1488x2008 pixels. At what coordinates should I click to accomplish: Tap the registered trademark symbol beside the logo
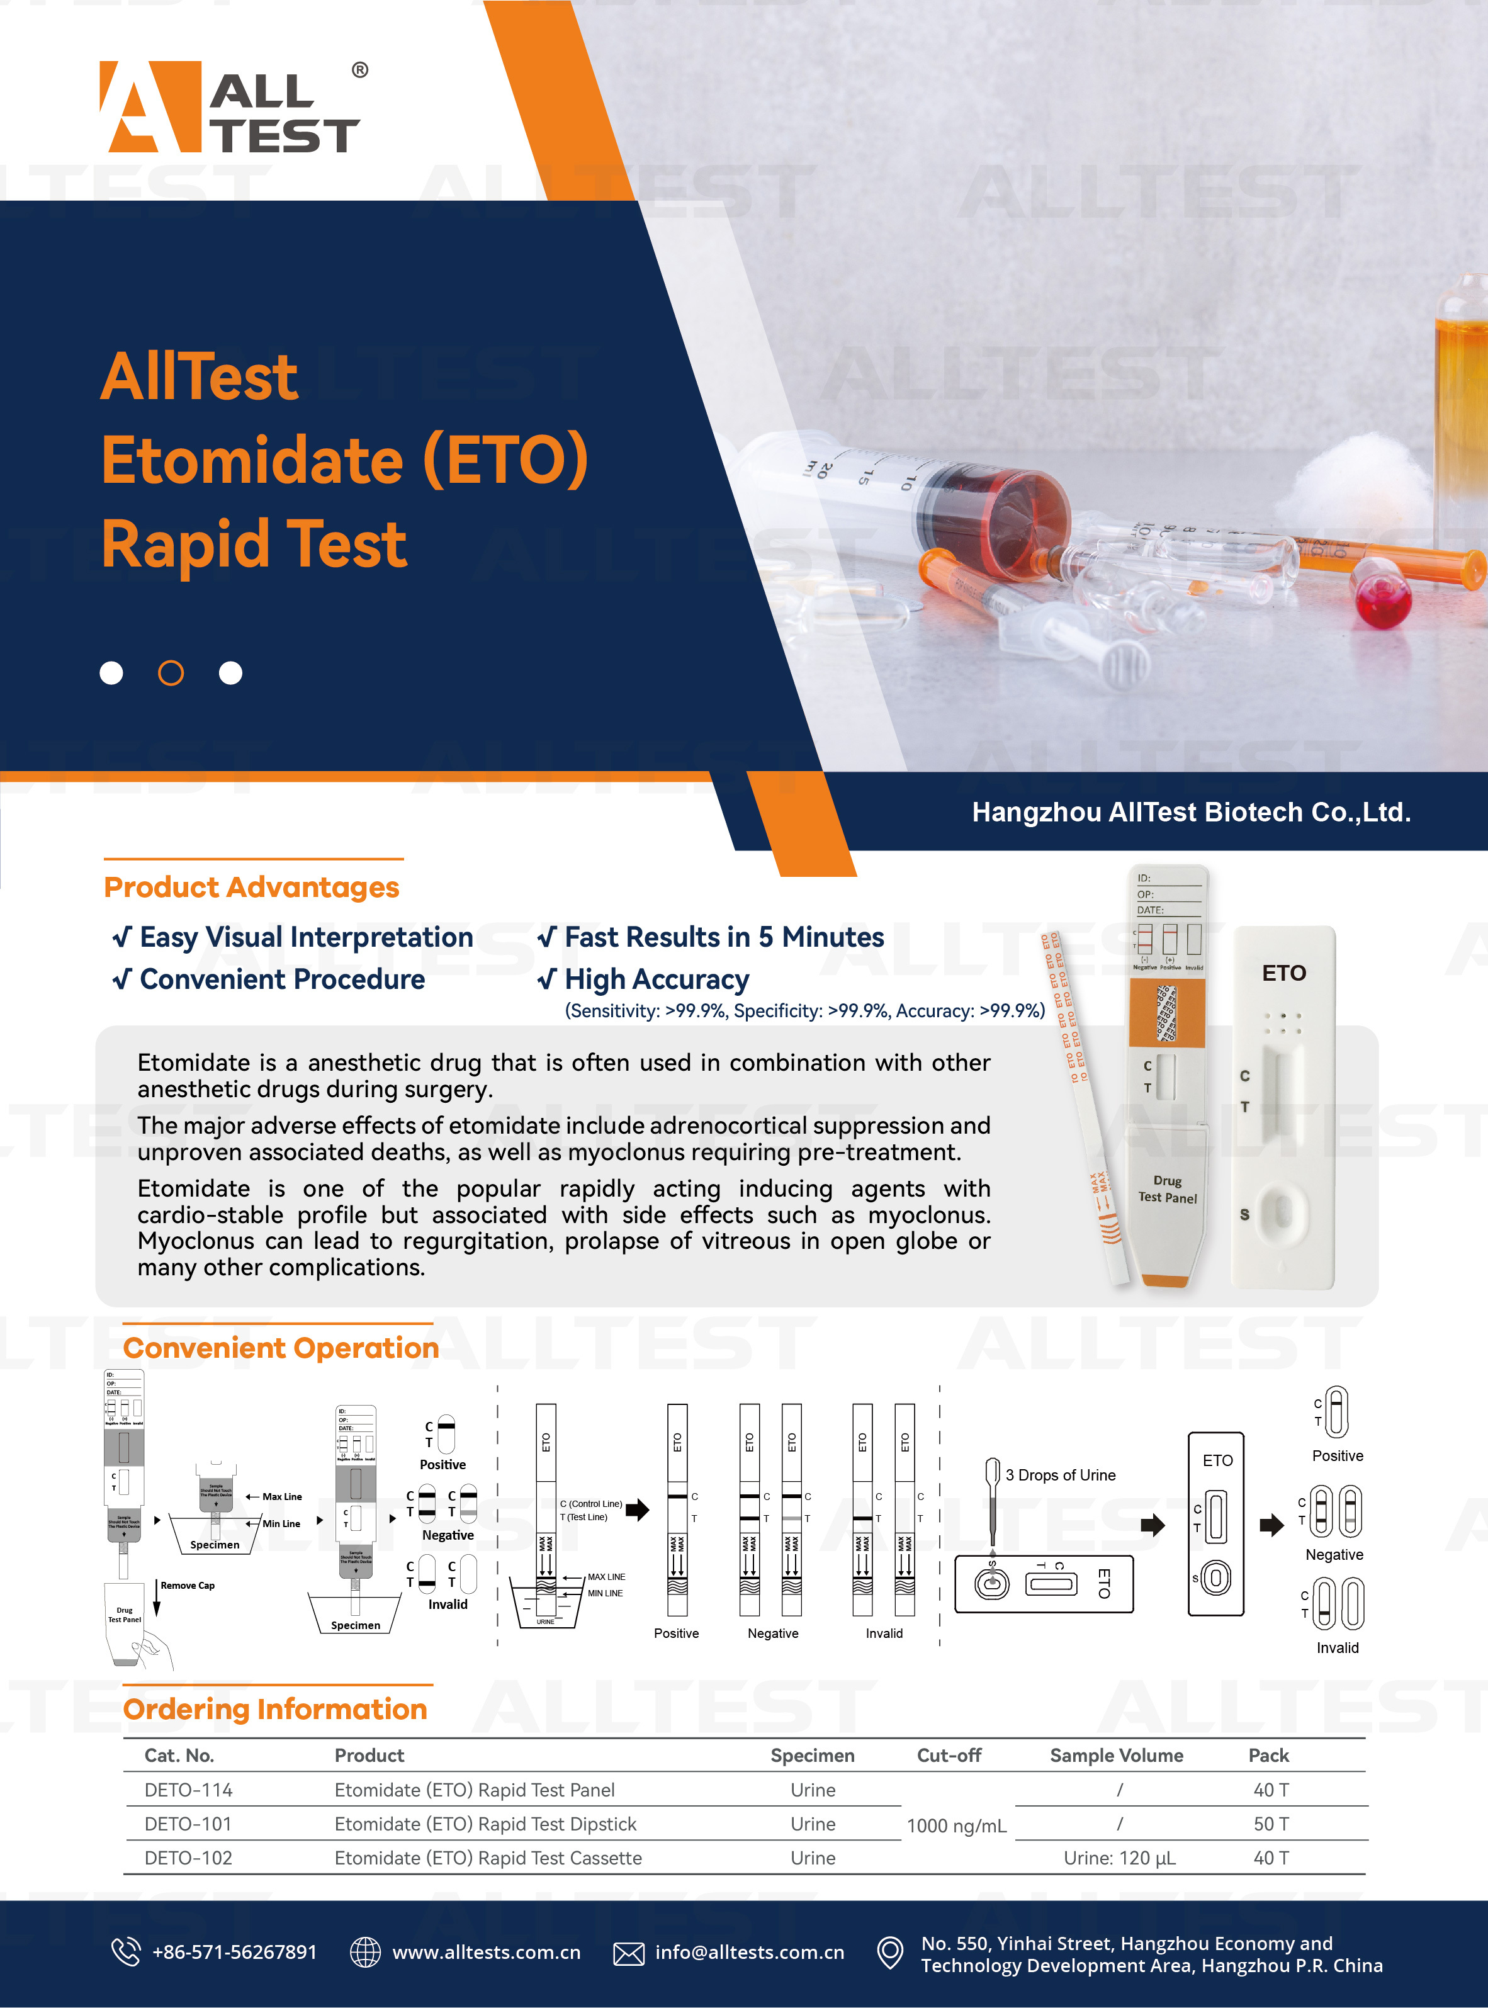(x=359, y=69)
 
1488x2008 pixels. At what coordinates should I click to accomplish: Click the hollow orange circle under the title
(x=171, y=673)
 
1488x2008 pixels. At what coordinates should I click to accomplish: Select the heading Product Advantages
(x=251, y=888)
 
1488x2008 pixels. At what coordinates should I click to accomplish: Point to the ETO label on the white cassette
(x=1283, y=973)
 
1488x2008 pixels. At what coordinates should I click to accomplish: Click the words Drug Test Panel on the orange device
(x=1168, y=1188)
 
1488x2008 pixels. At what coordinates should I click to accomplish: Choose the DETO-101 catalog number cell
(x=188, y=1824)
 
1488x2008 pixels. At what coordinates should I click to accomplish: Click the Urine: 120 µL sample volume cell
(x=1120, y=1858)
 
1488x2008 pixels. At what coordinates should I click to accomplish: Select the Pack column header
(x=1268, y=1755)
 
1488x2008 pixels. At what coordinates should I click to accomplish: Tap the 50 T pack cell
(x=1271, y=1824)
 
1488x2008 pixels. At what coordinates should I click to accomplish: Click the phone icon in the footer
(x=125, y=1951)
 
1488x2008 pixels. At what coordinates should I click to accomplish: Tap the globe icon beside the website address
(x=365, y=1951)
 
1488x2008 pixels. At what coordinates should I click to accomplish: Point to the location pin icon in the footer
(x=890, y=1952)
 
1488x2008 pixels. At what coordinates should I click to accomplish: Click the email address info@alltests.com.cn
(x=750, y=1952)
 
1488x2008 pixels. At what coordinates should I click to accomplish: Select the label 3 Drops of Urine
(x=1060, y=1475)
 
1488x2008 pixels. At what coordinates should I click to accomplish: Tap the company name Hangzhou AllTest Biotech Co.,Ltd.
(x=1191, y=813)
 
